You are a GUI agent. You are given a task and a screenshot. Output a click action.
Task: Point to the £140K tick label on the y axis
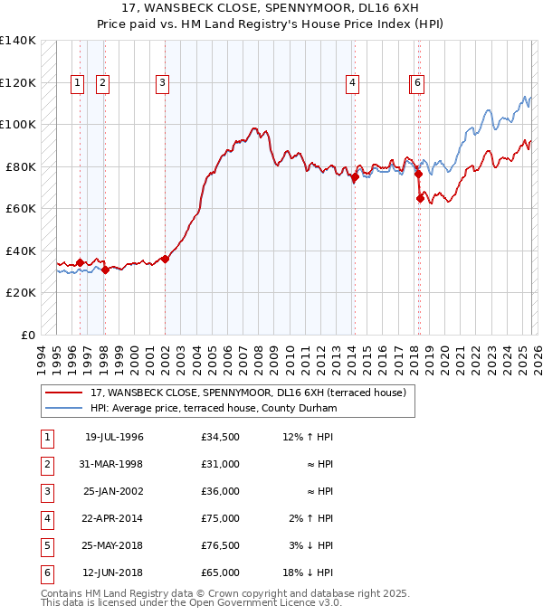click(x=18, y=41)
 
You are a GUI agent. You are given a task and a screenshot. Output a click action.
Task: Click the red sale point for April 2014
click(x=356, y=177)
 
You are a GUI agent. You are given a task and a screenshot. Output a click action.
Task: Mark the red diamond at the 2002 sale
click(x=166, y=260)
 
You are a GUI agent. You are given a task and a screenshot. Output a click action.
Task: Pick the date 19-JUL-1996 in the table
click(x=114, y=437)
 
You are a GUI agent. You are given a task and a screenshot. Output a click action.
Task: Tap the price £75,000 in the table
click(x=221, y=518)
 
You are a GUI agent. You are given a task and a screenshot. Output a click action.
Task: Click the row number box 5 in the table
click(x=46, y=545)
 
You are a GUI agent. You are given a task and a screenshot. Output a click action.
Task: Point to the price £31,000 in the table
click(x=221, y=464)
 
